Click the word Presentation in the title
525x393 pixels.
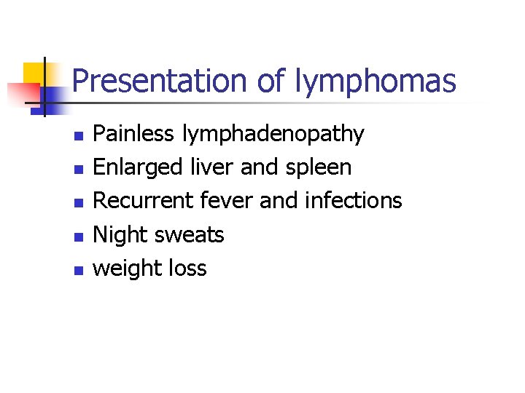(160, 81)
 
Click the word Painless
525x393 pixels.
(134, 134)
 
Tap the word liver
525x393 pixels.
(211, 167)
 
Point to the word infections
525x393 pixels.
(353, 200)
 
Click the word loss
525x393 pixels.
(188, 268)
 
